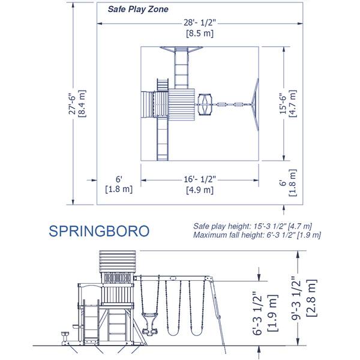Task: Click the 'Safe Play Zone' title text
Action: coord(137,10)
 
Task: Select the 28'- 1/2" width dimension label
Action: coord(200,23)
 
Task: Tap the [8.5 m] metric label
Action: coord(200,35)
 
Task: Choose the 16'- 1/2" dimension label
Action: coord(200,179)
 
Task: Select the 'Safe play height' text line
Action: coord(253,226)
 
